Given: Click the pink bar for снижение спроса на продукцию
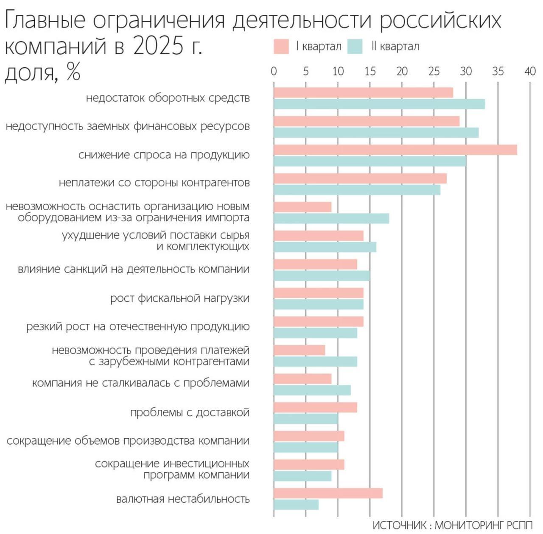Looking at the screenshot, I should click(395, 150).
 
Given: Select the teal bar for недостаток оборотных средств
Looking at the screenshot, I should click(379, 104).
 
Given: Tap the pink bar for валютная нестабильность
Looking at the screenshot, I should click(328, 493).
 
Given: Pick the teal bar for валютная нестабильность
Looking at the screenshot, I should click(296, 505).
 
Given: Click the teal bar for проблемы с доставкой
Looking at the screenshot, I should click(306, 419).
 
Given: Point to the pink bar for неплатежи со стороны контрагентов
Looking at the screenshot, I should click(360, 178).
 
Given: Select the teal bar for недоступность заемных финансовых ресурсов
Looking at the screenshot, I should click(376, 133).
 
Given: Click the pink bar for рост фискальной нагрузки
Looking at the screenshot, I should click(319, 293).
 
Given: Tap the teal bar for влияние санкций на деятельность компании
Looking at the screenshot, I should click(322, 275).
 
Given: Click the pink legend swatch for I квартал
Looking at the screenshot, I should click(281, 46).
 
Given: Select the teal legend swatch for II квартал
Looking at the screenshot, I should click(355, 46).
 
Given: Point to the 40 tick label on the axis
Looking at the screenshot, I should click(530, 71).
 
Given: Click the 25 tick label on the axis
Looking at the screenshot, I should click(434, 71).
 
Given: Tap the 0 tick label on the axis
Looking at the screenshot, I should click(274, 71).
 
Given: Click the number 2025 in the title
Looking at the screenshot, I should click(158, 45).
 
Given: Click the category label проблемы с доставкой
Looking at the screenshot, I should click(190, 412).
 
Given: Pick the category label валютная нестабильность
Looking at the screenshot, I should click(183, 499).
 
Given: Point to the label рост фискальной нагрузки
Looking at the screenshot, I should click(180, 298).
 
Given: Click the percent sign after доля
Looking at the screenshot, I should click(73, 72).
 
